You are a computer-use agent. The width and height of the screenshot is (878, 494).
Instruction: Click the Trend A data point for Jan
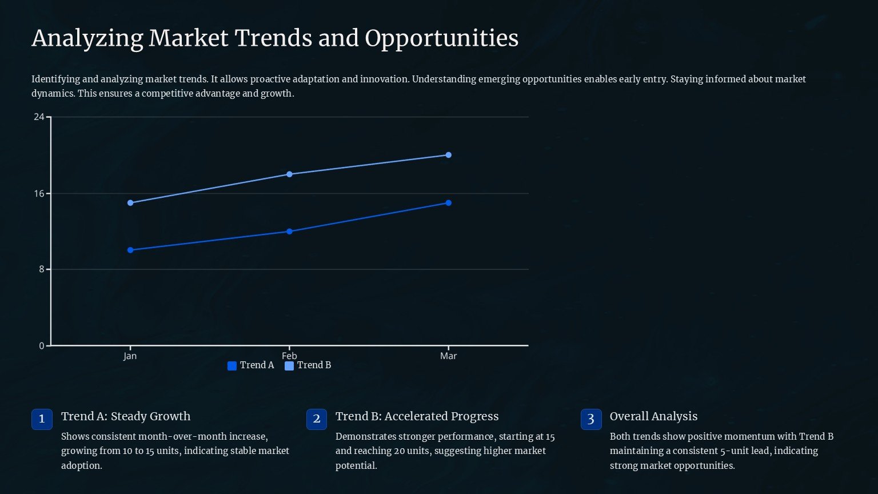pos(130,250)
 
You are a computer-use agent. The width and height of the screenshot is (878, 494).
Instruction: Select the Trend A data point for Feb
pos(289,232)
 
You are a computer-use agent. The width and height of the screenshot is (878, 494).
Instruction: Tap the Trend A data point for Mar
pos(448,203)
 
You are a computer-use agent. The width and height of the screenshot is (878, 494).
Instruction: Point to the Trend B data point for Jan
pos(130,203)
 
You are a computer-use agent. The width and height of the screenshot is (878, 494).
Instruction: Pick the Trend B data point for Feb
pos(289,174)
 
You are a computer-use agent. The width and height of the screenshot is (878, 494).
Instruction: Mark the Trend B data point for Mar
pos(448,155)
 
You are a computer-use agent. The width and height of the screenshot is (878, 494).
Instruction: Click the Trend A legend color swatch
pos(232,366)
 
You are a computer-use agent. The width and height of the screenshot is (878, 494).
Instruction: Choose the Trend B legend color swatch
pos(289,366)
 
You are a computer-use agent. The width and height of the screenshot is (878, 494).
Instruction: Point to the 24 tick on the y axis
pos(39,117)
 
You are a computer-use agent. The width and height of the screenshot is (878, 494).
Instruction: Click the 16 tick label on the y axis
pos(39,194)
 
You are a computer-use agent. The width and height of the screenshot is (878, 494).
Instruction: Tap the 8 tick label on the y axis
pos(41,269)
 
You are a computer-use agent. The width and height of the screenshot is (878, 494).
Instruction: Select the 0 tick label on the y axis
pos(41,346)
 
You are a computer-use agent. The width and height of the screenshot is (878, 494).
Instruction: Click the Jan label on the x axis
pos(130,356)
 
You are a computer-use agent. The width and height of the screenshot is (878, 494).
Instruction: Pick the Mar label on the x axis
pos(448,356)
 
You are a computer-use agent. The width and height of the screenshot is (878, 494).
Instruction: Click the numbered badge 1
pos(42,419)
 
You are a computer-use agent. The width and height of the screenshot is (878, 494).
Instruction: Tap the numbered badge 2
pos(317,419)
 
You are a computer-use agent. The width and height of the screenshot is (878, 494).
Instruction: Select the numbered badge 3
pos(591,419)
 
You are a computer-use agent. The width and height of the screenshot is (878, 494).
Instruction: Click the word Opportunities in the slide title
pos(441,38)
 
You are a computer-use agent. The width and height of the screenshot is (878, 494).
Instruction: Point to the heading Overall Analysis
pos(653,416)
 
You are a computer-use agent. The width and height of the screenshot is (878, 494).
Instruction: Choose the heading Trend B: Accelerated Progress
pos(417,416)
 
